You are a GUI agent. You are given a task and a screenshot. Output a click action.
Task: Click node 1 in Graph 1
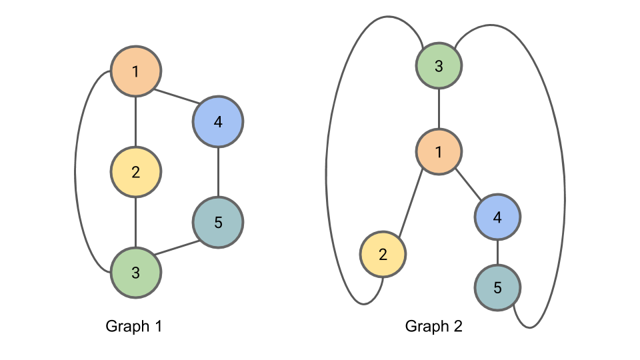pos(136,71)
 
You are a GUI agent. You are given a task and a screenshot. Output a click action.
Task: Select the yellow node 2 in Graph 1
pos(136,172)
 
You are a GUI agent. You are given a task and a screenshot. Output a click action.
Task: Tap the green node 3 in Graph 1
pos(136,272)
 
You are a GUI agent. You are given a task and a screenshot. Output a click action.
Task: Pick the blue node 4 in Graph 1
pos(218,121)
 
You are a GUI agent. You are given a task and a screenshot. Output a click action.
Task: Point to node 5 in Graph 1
pos(218,222)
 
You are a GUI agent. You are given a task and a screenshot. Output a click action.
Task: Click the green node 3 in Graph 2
pos(439,66)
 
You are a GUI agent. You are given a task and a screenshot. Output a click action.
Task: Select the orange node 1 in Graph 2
pos(439,152)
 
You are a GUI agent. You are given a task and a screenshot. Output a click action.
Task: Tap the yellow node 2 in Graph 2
pos(383,254)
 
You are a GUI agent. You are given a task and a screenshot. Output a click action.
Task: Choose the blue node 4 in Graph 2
pos(497,217)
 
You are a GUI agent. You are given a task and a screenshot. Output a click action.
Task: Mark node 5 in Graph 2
pos(497,288)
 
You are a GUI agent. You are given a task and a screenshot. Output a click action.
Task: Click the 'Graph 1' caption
pos(134,327)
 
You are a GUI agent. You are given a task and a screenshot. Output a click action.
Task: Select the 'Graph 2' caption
pos(433,327)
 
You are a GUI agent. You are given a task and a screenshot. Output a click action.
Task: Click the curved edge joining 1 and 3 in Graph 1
pos(75,172)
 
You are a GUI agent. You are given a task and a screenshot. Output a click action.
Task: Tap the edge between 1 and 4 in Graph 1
pos(177,96)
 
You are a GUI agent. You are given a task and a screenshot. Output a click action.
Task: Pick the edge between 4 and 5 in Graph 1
pos(218,172)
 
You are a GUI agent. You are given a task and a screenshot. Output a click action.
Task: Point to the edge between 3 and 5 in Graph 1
pos(177,247)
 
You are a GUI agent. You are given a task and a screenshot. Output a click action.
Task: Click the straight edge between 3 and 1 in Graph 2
pos(439,109)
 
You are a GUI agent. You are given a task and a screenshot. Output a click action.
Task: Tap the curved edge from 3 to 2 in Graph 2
pos(327,173)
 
